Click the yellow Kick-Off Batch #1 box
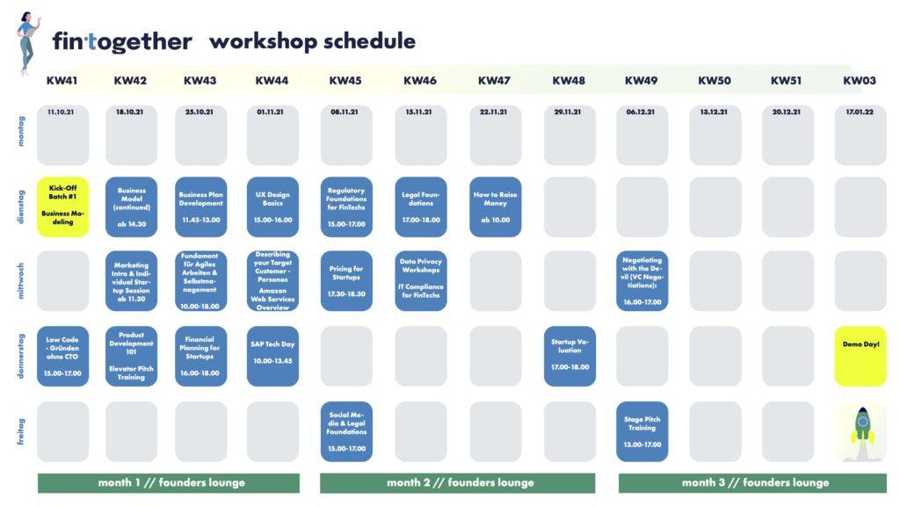click(x=62, y=206)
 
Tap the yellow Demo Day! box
click(x=860, y=357)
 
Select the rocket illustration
click(x=862, y=432)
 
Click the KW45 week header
click(x=345, y=81)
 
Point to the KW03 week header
click(x=860, y=81)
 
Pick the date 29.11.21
click(x=568, y=112)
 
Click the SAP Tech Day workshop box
click(x=272, y=357)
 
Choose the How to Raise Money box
click(x=496, y=206)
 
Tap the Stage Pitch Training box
click(x=642, y=431)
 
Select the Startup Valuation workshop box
click(x=570, y=357)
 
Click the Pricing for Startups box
click(x=346, y=281)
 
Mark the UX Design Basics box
click(x=272, y=206)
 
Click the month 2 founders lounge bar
click(x=457, y=483)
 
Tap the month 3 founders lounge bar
click(x=752, y=483)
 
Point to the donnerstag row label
click(x=21, y=356)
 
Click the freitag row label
click(x=21, y=431)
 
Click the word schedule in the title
click(x=369, y=41)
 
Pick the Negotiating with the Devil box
click(x=642, y=281)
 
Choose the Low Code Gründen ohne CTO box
click(x=62, y=357)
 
